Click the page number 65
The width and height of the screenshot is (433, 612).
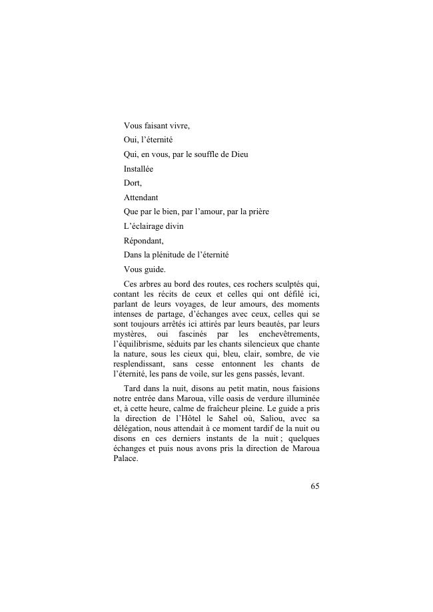tap(314, 486)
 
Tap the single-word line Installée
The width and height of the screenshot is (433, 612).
tap(139, 169)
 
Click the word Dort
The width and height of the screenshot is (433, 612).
tap(133, 183)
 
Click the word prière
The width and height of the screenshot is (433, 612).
tap(254, 212)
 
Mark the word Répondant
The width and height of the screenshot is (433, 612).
tap(143, 241)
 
